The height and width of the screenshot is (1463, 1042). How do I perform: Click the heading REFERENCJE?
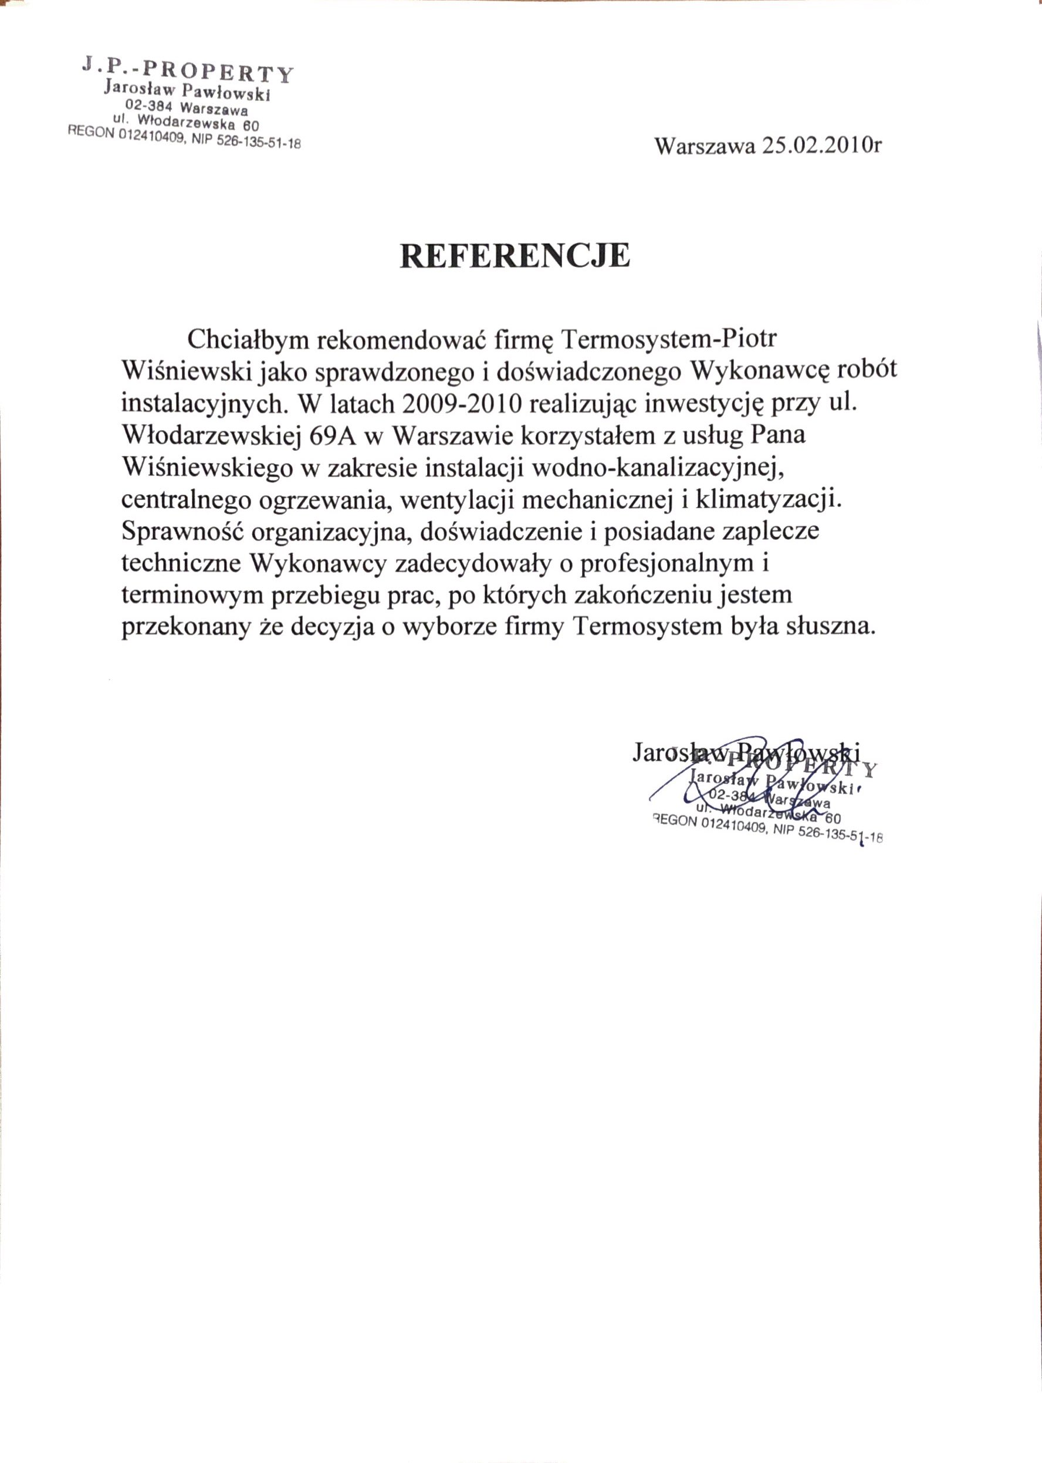pyautogui.click(x=515, y=255)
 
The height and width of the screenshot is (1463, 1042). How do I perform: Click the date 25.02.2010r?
pyautogui.click(x=821, y=146)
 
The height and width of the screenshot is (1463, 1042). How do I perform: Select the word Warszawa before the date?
pyautogui.click(x=705, y=146)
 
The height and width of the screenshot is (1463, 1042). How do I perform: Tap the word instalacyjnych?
pyautogui.click(x=201, y=405)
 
